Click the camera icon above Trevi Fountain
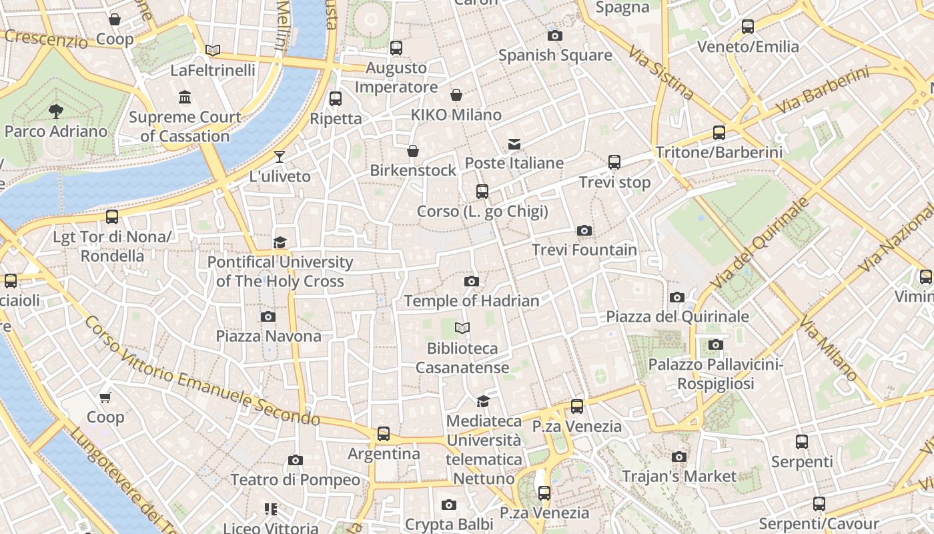tap(584, 230)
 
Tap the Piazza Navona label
tap(268, 336)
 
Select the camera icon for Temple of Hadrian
tap(472, 281)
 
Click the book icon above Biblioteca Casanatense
tap(462, 328)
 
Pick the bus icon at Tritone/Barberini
tap(719, 132)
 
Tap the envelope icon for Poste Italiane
tap(514, 144)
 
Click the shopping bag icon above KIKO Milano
tap(456, 95)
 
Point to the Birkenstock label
tap(413, 170)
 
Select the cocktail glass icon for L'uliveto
tap(280, 157)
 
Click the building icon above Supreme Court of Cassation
tap(185, 97)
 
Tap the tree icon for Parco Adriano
tap(56, 111)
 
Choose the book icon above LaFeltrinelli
tap(213, 50)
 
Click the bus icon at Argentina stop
tap(384, 434)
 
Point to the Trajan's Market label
tap(679, 477)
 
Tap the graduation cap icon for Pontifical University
tap(280, 242)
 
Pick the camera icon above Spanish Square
tap(554, 35)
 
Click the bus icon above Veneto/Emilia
tap(748, 27)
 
